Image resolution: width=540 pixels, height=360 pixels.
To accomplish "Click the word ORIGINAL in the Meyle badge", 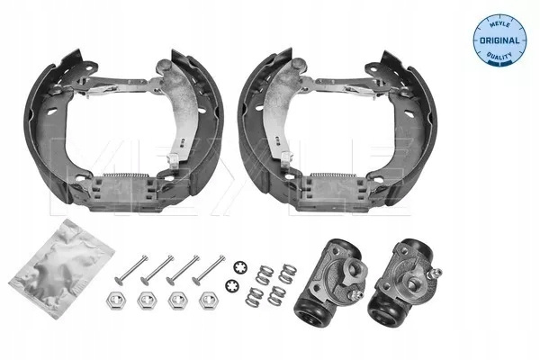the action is (499, 40).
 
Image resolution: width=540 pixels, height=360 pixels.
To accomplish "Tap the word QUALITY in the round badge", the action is (499, 55).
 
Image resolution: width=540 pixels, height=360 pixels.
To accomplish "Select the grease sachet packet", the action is (61, 268).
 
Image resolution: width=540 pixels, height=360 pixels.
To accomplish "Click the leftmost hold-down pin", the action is (131, 270).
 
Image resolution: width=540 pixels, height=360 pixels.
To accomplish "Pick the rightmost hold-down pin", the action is (209, 268).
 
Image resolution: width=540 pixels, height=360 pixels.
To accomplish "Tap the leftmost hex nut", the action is (116, 300).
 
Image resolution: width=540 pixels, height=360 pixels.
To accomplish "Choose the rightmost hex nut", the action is (209, 300).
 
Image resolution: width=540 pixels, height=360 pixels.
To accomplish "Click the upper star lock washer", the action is (240, 267).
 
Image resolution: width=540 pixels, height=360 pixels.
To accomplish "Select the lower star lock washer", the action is (232, 285).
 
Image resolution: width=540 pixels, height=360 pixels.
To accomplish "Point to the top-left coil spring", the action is (265, 274).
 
